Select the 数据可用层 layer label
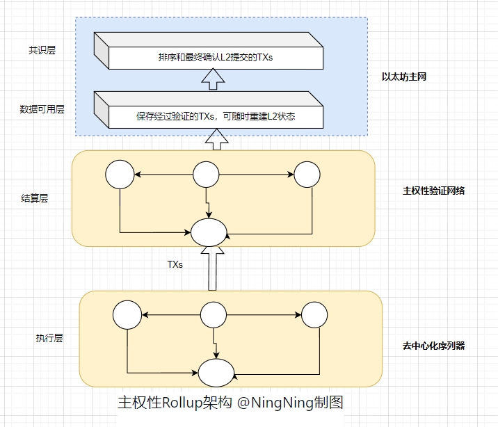pos(42,109)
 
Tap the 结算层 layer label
pos(35,198)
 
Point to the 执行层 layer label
pos(49,338)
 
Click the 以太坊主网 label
pos(403,77)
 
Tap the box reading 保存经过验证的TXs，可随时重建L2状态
pos(215,115)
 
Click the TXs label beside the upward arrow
pos(175,264)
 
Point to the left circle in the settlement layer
pos(120,174)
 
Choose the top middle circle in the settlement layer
pos(207,174)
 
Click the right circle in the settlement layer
pos(307,175)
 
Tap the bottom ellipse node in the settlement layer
pos(209,232)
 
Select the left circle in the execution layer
pos(127,315)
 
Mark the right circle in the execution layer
pos(314,315)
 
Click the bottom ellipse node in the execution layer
pos(216,372)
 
